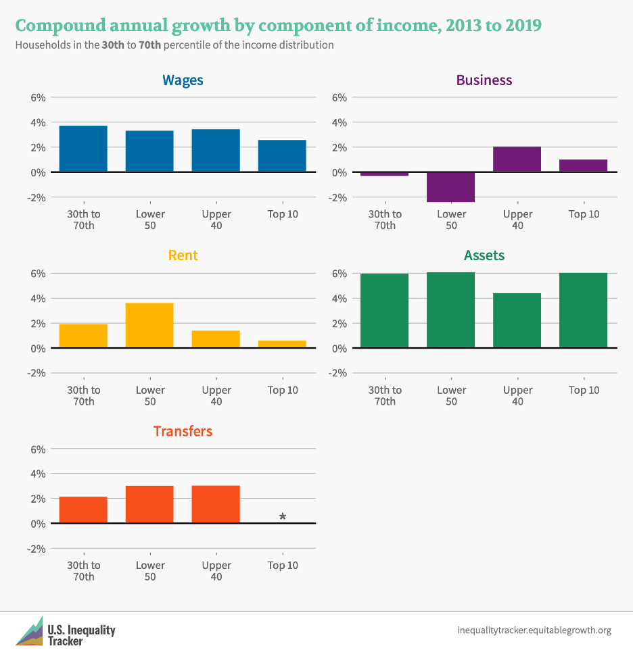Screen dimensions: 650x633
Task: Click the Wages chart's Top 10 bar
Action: click(282, 156)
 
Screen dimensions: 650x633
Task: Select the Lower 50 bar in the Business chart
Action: click(451, 187)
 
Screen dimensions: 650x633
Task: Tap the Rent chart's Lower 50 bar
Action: click(149, 325)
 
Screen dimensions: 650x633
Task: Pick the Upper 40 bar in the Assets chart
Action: click(517, 320)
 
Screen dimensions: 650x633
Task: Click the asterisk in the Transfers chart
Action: click(283, 517)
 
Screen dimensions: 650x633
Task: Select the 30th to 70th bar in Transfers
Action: click(83, 509)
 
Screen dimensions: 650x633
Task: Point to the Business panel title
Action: click(484, 80)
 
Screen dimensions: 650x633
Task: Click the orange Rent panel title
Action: click(183, 255)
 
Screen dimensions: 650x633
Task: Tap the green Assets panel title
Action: click(484, 255)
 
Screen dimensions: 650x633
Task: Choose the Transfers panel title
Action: click(183, 431)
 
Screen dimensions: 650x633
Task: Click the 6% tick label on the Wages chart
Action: click(37, 97)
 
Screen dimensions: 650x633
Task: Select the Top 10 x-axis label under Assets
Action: click(584, 390)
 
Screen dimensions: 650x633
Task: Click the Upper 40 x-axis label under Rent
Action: click(216, 395)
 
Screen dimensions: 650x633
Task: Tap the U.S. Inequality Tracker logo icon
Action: click(29, 630)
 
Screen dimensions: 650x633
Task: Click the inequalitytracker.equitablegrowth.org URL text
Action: click(534, 630)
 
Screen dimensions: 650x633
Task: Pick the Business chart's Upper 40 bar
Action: click(517, 159)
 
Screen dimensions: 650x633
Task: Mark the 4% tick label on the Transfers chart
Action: click(37, 474)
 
